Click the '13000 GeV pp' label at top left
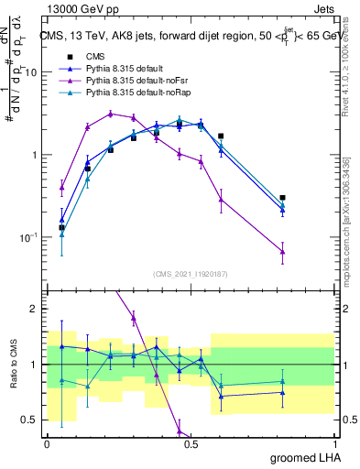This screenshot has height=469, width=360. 79,7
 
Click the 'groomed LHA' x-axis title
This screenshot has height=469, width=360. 302,457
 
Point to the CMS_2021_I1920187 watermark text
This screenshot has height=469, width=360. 191,274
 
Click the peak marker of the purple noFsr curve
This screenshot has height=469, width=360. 110,114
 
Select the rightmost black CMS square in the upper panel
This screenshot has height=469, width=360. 282,197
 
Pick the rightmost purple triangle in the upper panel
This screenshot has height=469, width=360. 282,251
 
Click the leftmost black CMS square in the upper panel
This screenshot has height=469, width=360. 61,227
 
